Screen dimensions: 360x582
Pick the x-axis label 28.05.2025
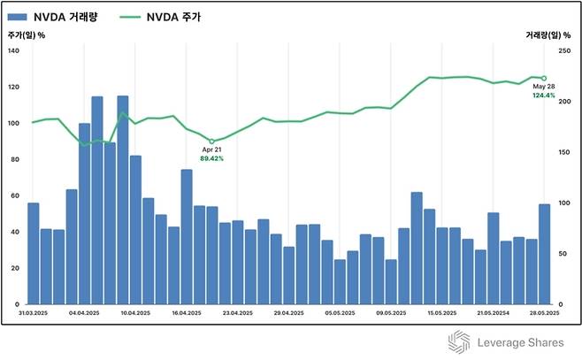pos(542,313)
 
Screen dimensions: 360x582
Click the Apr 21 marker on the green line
pos(211,142)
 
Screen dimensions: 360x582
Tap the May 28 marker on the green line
pos(544,78)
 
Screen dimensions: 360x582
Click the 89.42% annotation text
pos(212,159)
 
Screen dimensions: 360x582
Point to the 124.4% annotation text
pos(544,96)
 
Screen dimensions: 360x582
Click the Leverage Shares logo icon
pos(458,342)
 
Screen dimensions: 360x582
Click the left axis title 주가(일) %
pos(27,35)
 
